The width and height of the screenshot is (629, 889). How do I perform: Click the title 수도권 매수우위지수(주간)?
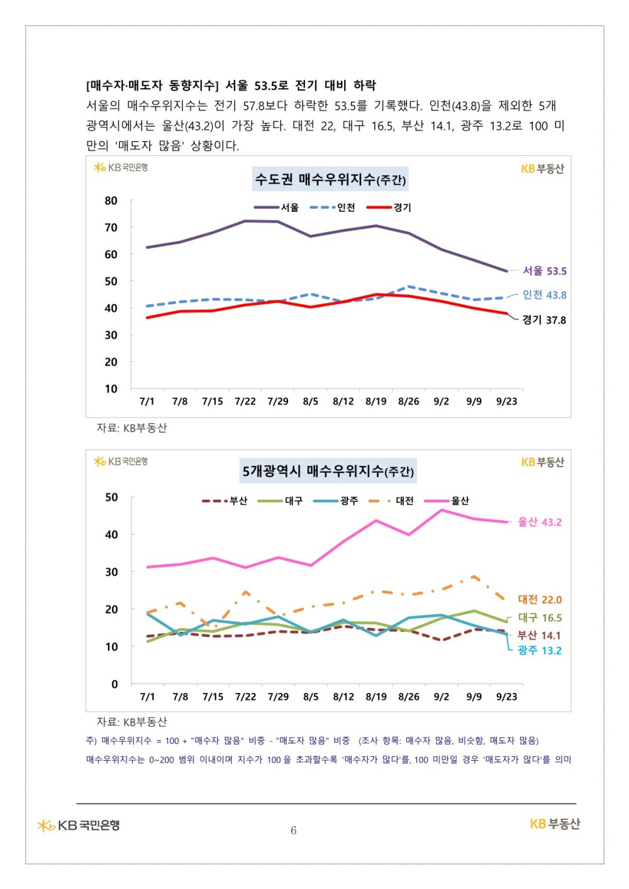pos(330,180)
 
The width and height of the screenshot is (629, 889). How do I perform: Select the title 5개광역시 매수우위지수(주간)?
pos(328,471)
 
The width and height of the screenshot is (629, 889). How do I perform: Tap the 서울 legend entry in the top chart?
pos(277,207)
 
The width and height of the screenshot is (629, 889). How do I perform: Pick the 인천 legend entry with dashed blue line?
pos(333,207)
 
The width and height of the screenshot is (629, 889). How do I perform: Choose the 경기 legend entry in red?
pos(389,207)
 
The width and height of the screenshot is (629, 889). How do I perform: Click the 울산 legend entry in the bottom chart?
pos(447,501)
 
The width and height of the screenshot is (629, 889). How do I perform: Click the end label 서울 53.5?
pos(545,271)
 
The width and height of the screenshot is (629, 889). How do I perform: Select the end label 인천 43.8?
pos(545,295)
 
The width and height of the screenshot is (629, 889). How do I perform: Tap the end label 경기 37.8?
pos(544,320)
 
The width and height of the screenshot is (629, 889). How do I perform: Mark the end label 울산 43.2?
pos(540,522)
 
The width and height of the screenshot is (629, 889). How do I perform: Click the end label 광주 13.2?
pos(540,651)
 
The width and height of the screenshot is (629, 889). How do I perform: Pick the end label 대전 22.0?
pos(540,600)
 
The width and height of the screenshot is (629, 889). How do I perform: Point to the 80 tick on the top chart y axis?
pos(111,201)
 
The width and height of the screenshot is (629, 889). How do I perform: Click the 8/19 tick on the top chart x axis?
pos(376,402)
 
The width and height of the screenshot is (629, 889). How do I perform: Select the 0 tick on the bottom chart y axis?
pos(114,684)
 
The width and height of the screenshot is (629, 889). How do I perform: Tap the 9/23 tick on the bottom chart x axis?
pos(507,697)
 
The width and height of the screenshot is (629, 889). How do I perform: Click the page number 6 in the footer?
pos(294,831)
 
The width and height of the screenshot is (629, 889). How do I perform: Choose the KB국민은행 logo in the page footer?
pos(79,825)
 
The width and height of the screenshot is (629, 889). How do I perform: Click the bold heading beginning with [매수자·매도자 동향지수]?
pos(231,86)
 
